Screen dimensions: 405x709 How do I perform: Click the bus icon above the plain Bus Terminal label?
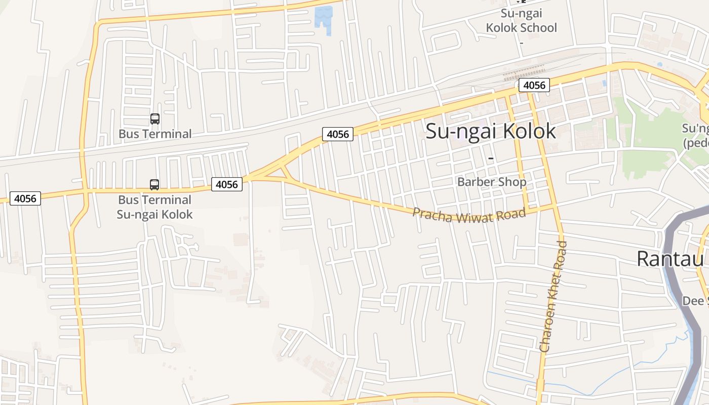155,119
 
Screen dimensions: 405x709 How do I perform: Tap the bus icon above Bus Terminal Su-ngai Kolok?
154,185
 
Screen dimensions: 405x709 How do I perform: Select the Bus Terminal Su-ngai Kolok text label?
154,207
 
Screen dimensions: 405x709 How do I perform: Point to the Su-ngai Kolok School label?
521,21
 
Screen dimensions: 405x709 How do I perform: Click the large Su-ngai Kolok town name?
491,131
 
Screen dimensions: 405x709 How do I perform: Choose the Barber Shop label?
491,182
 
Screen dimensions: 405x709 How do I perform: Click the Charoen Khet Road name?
553,297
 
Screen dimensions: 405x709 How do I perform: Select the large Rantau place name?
672,259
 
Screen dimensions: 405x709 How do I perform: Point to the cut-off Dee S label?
695,301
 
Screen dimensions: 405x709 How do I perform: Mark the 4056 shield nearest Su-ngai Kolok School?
534,85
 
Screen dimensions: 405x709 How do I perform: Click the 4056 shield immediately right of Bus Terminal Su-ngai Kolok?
226,184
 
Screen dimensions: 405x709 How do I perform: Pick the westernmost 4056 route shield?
25,198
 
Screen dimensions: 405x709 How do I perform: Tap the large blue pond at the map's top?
324,19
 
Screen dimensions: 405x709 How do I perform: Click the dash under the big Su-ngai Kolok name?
490,159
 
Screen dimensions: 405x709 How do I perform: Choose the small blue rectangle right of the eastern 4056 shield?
604,83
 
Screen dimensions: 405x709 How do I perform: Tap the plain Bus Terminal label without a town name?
155,134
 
